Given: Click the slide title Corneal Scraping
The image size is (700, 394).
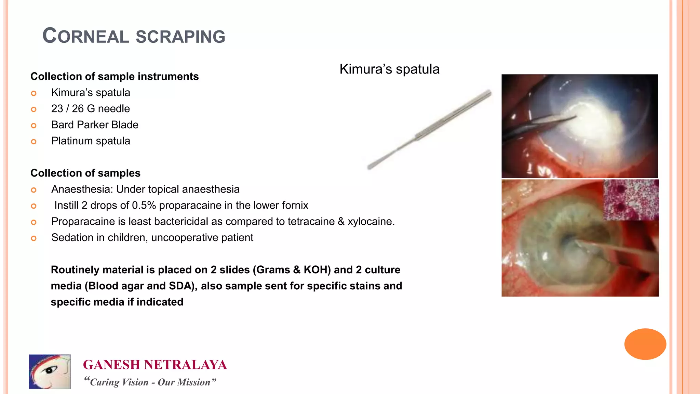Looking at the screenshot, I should click(x=134, y=36).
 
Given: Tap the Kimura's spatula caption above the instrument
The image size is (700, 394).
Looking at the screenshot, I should click(x=389, y=69).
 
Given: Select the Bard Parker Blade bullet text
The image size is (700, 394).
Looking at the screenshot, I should click(x=95, y=125).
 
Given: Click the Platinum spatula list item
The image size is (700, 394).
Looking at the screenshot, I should click(x=91, y=141).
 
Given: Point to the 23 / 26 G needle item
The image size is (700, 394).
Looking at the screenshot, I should click(x=91, y=109).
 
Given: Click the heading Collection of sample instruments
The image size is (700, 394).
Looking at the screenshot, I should click(x=115, y=76).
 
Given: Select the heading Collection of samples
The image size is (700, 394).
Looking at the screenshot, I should click(x=85, y=173).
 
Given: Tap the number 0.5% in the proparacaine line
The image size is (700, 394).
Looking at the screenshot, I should click(x=144, y=205).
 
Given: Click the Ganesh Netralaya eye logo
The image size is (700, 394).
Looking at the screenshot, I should click(x=50, y=371).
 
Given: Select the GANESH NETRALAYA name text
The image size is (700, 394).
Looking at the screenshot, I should click(x=155, y=365).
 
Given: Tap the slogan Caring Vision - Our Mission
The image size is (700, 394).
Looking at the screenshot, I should click(x=150, y=382).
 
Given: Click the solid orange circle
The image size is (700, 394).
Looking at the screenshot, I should click(x=645, y=344).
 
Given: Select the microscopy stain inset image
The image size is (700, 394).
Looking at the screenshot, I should click(x=631, y=200).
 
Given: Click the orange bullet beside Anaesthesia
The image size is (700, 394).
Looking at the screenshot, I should click(x=33, y=190).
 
